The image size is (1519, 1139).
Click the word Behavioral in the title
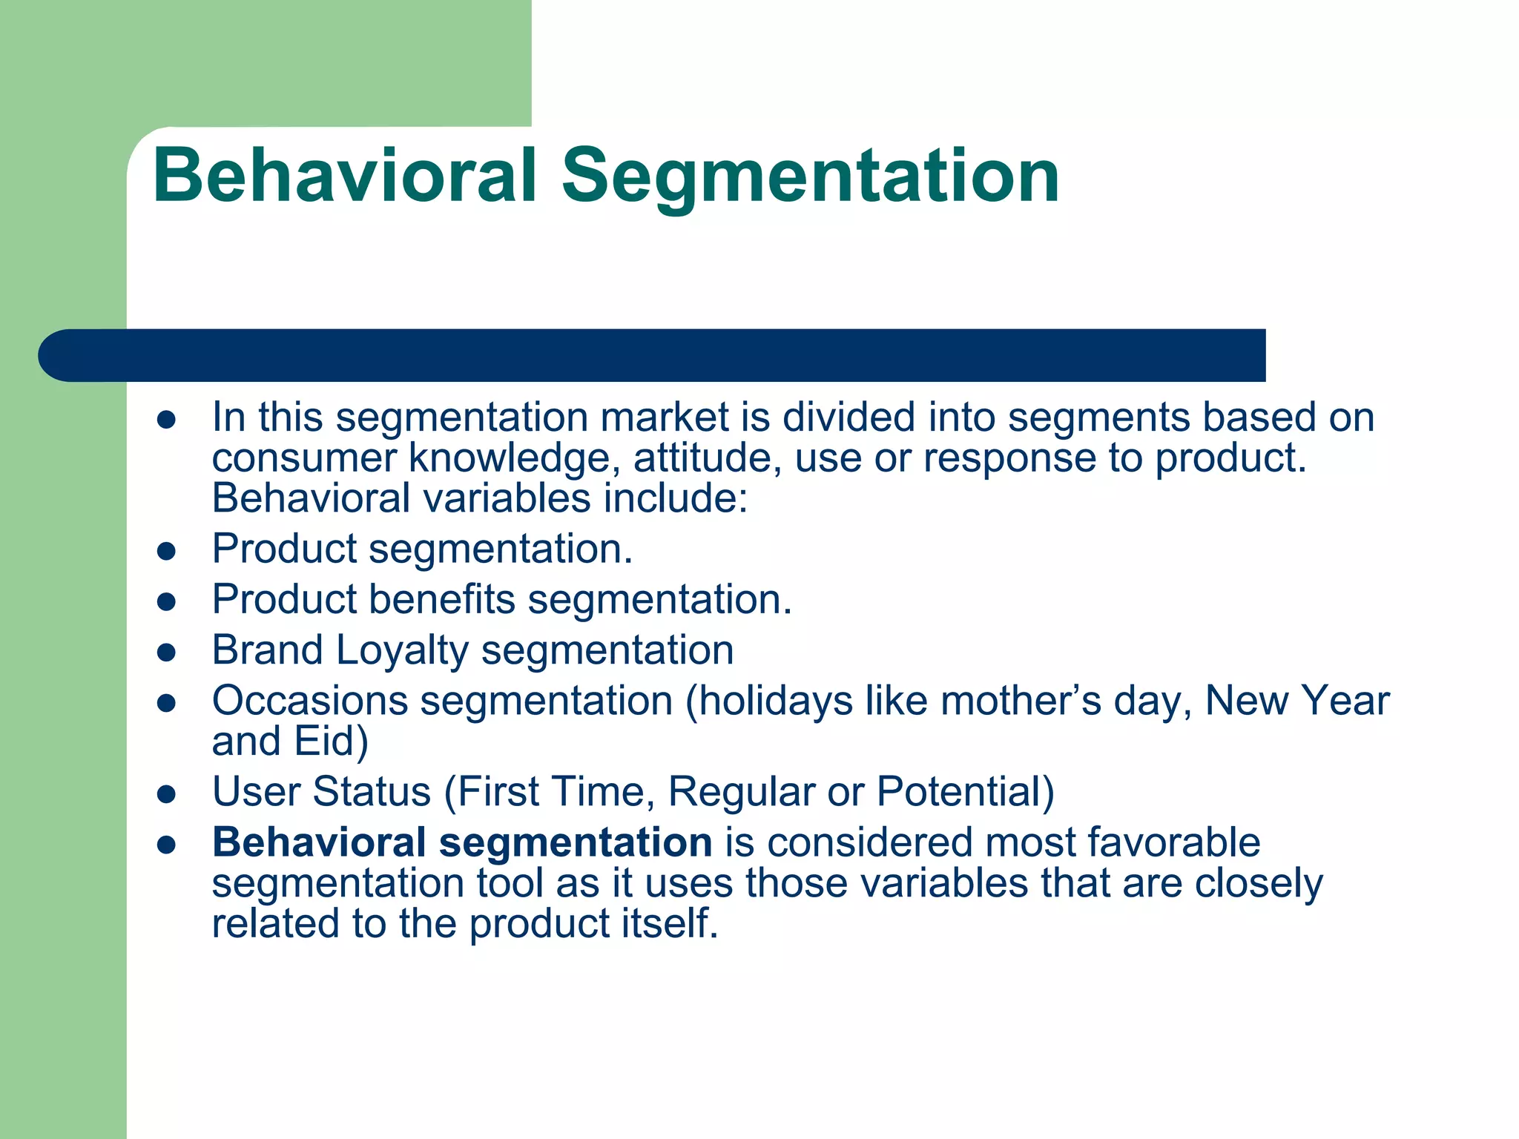(344, 176)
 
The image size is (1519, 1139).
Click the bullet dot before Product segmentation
(166, 551)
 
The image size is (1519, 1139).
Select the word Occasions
(310, 701)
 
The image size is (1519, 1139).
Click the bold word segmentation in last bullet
(576, 843)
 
